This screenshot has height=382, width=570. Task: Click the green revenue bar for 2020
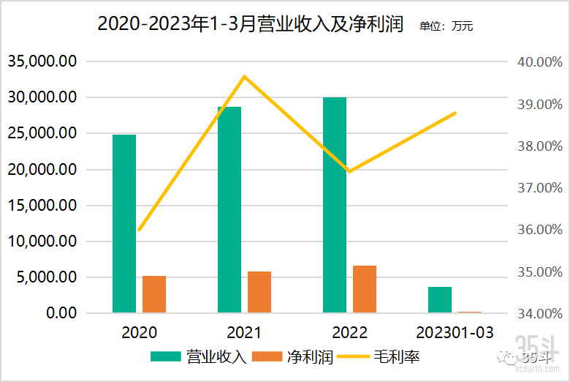(124, 223)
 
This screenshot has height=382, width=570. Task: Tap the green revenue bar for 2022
(335, 205)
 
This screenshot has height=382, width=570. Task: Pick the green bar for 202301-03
(440, 299)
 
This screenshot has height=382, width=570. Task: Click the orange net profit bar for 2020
(154, 294)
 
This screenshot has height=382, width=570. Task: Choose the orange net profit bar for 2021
(259, 292)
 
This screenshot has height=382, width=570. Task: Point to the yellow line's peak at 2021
(245, 76)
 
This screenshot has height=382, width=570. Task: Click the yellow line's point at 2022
(349, 171)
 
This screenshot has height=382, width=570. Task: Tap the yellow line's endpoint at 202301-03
(455, 113)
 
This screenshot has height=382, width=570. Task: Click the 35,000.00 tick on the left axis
(42, 61)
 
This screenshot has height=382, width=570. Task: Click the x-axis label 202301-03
(455, 332)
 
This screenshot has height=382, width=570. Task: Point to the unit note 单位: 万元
(446, 26)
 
